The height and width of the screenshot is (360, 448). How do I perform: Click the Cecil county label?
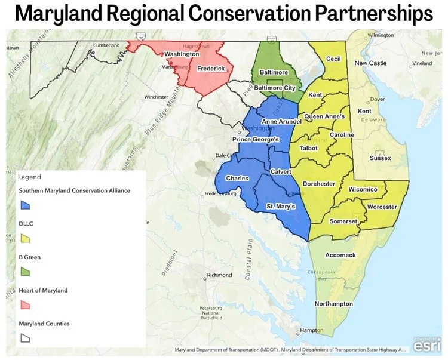tap(333, 59)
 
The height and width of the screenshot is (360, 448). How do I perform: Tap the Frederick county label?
tap(211, 69)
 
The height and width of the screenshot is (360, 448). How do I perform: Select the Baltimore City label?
tap(275, 88)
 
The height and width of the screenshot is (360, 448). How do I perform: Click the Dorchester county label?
tap(319, 184)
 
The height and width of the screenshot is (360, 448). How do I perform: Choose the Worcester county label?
tap(382, 207)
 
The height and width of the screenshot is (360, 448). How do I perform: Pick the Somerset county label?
tap(343, 221)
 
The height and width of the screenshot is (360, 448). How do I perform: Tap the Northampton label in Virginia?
tap(334, 304)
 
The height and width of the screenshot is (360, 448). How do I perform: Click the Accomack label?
tap(340, 255)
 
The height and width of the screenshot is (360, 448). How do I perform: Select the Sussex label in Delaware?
tap(381, 158)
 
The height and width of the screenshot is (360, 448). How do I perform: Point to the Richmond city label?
tap(219, 275)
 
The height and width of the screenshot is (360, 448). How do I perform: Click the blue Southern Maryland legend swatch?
tap(25, 205)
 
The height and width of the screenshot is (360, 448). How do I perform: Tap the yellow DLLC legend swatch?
tap(25, 238)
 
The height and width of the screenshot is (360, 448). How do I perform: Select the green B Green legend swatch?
tap(25, 271)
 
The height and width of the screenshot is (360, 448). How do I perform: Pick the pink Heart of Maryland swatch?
tap(25, 304)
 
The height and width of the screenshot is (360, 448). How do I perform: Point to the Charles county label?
tap(237, 179)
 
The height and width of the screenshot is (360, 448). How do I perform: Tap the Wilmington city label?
tap(381, 35)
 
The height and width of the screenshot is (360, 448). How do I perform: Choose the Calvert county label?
tap(281, 171)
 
